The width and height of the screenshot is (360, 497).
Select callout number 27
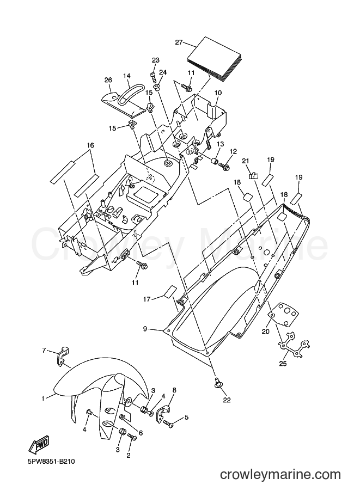pyautogui.click(x=179, y=42)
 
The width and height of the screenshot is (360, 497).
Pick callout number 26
pyautogui.click(x=108, y=80)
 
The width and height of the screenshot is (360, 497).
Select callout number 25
pyautogui.click(x=283, y=364)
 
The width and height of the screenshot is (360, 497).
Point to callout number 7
pyautogui.click(x=45, y=350)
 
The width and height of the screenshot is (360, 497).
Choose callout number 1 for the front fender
pyautogui.click(x=43, y=398)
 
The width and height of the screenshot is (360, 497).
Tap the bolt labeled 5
pyautogui.click(x=168, y=423)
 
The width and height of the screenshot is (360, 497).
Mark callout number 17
pyautogui.click(x=147, y=298)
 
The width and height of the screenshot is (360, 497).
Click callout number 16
pyautogui.click(x=90, y=145)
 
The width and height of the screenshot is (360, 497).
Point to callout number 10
pyautogui.click(x=218, y=93)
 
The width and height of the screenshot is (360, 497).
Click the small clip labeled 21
pyautogui.click(x=254, y=175)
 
